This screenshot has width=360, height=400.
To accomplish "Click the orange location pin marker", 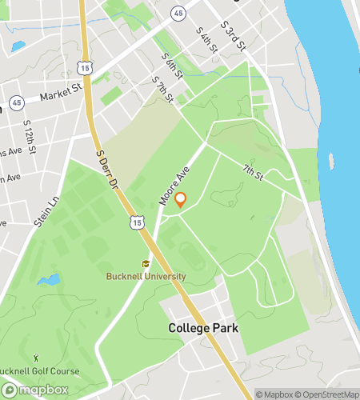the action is [x=181, y=200].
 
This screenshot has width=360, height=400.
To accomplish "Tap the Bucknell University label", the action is [x=146, y=276].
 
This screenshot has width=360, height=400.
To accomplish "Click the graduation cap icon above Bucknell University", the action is [x=146, y=263].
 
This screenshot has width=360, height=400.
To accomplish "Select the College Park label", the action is [x=203, y=328].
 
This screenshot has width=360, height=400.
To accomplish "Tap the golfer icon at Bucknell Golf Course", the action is [x=35, y=357].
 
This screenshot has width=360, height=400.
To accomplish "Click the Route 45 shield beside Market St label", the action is [x=16, y=102].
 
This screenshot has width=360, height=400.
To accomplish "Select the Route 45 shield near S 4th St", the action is [x=178, y=13].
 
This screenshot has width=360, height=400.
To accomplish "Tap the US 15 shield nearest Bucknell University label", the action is [x=140, y=221].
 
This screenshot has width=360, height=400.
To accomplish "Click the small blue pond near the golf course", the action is [x=49, y=280].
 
